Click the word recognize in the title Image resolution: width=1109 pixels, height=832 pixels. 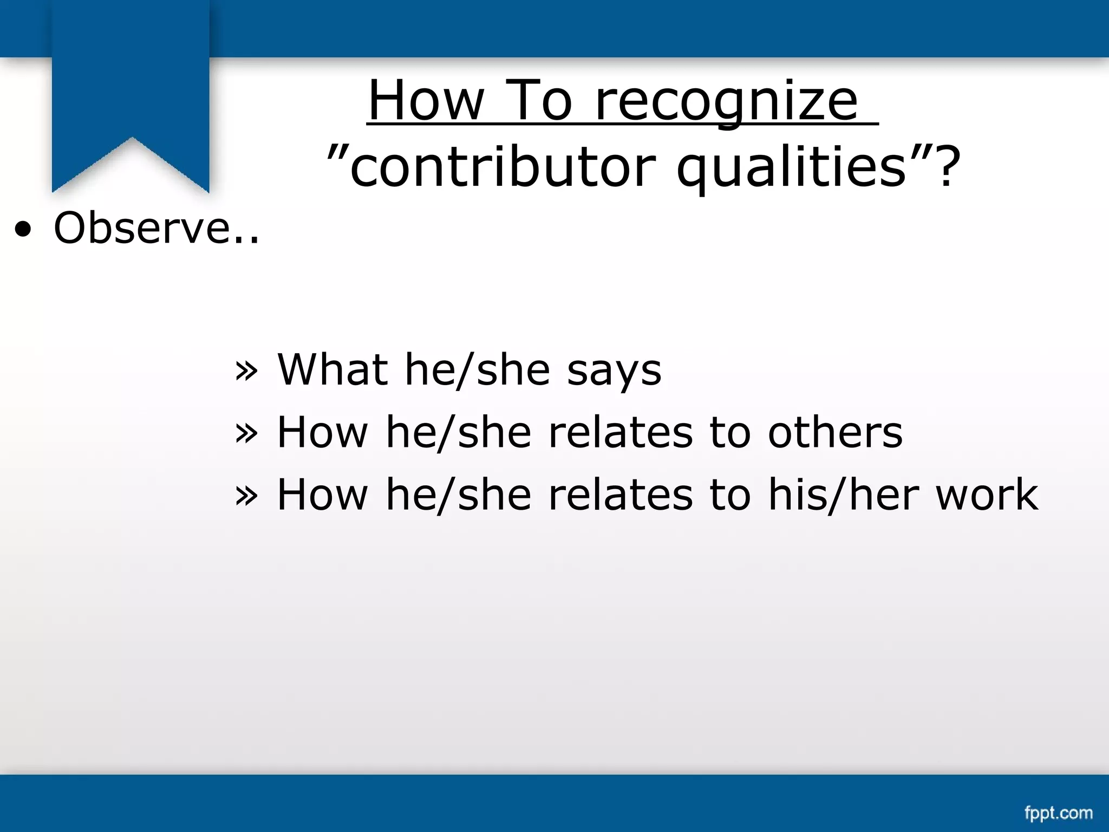726,102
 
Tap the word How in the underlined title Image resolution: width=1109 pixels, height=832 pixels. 426,101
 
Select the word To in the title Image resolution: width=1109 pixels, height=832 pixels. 540,101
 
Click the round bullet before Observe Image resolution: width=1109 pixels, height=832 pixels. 23,230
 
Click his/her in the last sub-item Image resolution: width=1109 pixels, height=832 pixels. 843,495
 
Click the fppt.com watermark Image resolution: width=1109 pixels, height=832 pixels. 1058,813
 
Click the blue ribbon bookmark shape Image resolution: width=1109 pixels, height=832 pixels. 131,81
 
